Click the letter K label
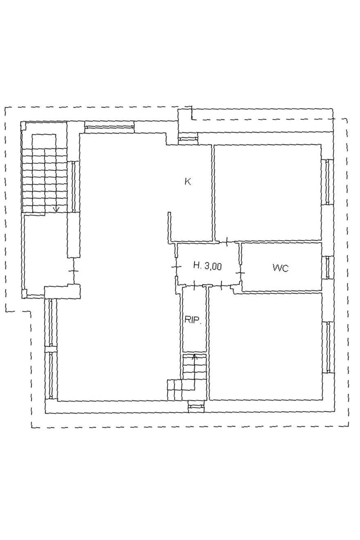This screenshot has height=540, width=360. point(188,181)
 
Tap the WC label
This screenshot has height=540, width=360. point(281,268)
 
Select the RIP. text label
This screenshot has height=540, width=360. point(193,320)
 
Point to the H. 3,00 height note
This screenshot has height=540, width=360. point(208,266)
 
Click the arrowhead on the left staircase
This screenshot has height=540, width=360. point(56,210)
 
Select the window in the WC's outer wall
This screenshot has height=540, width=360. point(328,267)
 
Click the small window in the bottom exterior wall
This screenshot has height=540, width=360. point(196,407)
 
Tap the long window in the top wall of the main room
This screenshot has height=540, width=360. point(109,127)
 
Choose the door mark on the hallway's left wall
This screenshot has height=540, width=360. point(176,267)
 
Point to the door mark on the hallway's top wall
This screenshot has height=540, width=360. point(227,241)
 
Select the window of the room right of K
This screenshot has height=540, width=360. point(327,182)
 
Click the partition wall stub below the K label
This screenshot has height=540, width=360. point(170,227)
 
